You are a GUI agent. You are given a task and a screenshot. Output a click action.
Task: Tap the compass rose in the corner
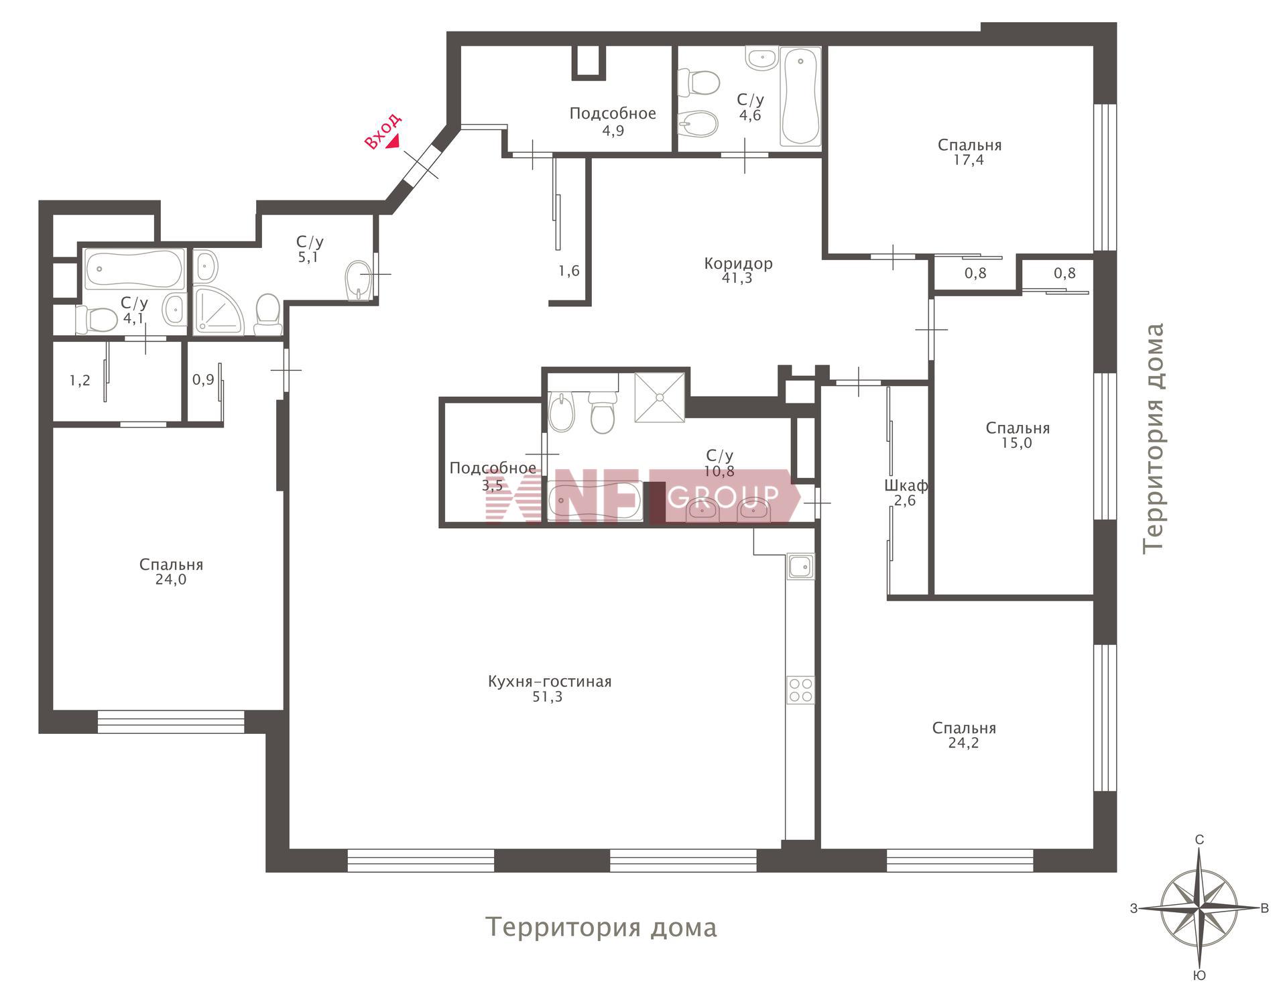tap(1199, 908)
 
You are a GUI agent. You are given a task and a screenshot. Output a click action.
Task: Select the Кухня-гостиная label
tap(550, 682)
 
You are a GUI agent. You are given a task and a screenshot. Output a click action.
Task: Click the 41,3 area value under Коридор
tap(737, 278)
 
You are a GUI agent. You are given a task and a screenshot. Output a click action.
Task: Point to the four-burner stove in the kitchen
tap(800, 690)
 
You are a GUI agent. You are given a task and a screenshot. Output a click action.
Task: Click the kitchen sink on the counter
tap(800, 566)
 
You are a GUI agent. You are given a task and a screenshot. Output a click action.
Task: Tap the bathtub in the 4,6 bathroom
tap(800, 96)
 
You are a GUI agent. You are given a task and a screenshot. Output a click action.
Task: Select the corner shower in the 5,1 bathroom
tap(221, 310)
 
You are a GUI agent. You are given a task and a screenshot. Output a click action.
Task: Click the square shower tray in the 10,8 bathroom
tap(660, 397)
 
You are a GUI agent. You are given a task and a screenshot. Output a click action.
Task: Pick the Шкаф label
tap(906, 485)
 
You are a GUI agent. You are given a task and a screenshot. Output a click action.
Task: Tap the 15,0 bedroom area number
tap(1017, 443)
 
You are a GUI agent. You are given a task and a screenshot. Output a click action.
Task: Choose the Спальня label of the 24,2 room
tap(964, 728)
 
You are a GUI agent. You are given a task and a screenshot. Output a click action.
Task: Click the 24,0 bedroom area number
tap(171, 580)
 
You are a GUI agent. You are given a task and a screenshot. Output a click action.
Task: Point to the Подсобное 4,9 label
tap(613, 121)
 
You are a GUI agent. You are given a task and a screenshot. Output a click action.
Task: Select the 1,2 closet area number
tap(80, 381)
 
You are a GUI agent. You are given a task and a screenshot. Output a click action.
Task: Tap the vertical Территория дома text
tap(1154, 439)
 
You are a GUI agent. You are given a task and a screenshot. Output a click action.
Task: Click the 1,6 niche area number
tap(569, 271)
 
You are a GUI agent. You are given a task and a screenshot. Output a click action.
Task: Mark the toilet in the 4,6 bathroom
tap(698, 83)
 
